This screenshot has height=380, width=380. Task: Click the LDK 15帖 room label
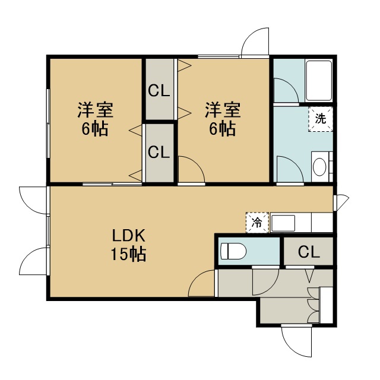[128, 245]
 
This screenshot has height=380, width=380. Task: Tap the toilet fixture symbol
[233, 251]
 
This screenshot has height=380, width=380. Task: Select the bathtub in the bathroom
[319, 81]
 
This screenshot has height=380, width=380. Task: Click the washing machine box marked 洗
[321, 119]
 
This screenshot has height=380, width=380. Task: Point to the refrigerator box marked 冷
[257, 223]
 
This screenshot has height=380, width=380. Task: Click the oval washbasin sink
[319, 167]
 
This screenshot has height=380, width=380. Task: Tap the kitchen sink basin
[283, 223]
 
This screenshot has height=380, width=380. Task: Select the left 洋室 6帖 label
[95, 119]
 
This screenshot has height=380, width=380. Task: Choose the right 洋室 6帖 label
[223, 119]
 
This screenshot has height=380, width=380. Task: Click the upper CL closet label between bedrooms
[159, 91]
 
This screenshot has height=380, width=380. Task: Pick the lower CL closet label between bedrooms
[159, 153]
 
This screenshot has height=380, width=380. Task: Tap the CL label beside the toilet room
[309, 252]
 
